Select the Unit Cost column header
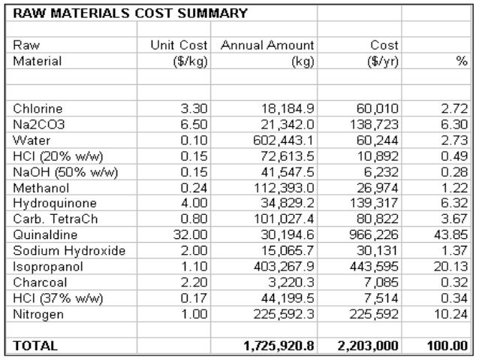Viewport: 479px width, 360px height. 179,45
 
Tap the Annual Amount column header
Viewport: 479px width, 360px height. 267,45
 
